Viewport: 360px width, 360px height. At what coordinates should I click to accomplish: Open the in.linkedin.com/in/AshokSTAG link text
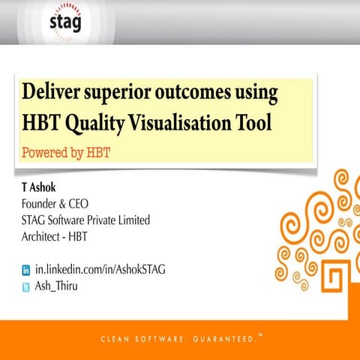point(100,268)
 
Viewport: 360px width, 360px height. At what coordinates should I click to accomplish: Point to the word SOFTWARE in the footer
point(163,340)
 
